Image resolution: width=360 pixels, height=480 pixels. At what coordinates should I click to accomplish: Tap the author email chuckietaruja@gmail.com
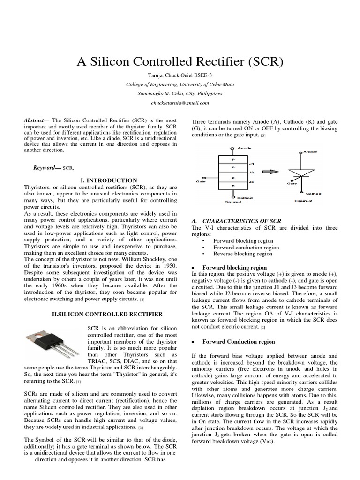[180, 102]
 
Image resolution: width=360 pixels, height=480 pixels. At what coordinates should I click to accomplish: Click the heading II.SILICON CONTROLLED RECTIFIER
[107, 314]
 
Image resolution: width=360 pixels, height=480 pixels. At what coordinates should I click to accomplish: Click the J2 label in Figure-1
[251, 172]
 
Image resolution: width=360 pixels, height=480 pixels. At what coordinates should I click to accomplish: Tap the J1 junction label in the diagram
[251, 164]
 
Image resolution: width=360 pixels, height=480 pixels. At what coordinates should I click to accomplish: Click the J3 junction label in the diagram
[251, 181]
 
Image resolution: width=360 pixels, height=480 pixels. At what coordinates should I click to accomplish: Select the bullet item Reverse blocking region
[242, 254]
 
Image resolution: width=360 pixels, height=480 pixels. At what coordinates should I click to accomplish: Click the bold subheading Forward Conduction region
[239, 342]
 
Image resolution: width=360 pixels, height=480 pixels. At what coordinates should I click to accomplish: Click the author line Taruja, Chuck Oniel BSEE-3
[180, 75]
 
